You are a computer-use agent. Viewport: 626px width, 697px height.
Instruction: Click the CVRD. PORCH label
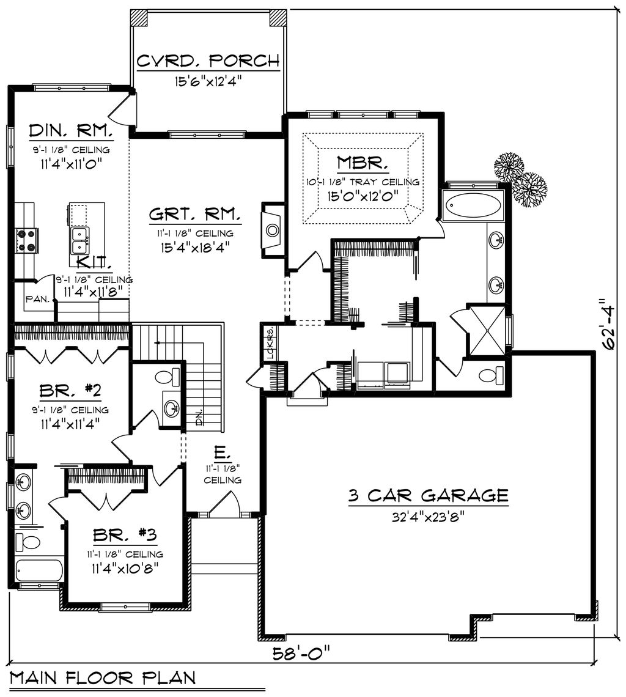point(208,61)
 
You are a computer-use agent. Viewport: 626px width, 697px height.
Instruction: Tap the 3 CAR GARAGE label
point(428,495)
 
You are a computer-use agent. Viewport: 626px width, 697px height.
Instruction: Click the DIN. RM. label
point(70,131)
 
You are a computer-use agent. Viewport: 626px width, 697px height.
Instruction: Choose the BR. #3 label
point(125,535)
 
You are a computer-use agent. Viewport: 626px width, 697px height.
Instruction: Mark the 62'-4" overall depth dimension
point(609,324)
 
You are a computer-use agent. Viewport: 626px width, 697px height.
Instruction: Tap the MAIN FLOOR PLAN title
point(103,677)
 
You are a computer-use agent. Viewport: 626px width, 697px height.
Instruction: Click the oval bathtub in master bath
point(473,205)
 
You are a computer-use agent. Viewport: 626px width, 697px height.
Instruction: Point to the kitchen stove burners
point(27,240)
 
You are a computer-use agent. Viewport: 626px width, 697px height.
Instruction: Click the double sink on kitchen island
point(80,240)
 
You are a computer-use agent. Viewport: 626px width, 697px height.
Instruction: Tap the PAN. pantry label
point(34,300)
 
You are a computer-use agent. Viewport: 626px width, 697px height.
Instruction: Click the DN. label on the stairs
point(198,417)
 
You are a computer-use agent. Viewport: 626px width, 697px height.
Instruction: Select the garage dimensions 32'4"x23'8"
point(428,516)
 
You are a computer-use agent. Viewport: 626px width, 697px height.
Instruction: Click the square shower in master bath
point(486,330)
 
